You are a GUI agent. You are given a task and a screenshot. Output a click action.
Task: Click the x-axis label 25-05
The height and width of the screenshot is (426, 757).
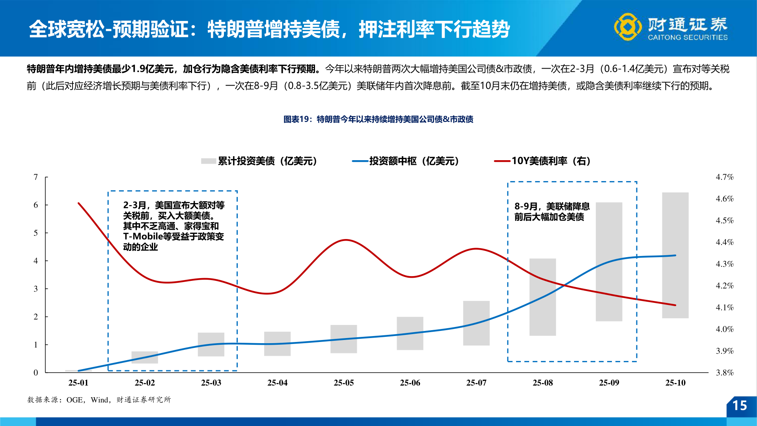pyautogui.click(x=344, y=383)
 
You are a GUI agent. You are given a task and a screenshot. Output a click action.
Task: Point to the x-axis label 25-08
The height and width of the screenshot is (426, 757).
pyautogui.click(x=543, y=383)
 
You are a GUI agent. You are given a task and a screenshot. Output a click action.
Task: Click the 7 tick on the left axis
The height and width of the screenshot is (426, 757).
pyautogui.click(x=36, y=177)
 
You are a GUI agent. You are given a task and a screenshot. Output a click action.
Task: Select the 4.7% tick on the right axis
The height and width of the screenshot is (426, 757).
pyautogui.click(x=725, y=177)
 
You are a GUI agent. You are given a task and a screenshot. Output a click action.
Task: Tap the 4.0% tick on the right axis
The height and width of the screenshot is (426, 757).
pyautogui.click(x=725, y=329)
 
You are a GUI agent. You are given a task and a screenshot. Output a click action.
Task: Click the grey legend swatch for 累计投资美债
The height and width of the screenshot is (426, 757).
pyautogui.click(x=208, y=161)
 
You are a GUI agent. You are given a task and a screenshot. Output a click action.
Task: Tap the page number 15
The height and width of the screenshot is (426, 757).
pyautogui.click(x=739, y=405)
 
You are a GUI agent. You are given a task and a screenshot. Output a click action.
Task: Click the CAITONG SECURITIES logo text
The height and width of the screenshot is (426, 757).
pyautogui.click(x=688, y=37)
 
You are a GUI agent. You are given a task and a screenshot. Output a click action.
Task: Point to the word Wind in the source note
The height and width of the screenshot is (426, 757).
pyautogui.click(x=99, y=400)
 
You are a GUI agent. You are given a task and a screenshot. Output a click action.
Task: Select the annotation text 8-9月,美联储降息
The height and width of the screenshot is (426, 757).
pyautogui.click(x=552, y=206)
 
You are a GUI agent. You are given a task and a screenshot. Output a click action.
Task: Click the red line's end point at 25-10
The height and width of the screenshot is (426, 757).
pyautogui.click(x=675, y=305)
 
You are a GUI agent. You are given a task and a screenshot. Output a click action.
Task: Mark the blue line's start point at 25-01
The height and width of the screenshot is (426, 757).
pyautogui.click(x=78, y=371)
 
